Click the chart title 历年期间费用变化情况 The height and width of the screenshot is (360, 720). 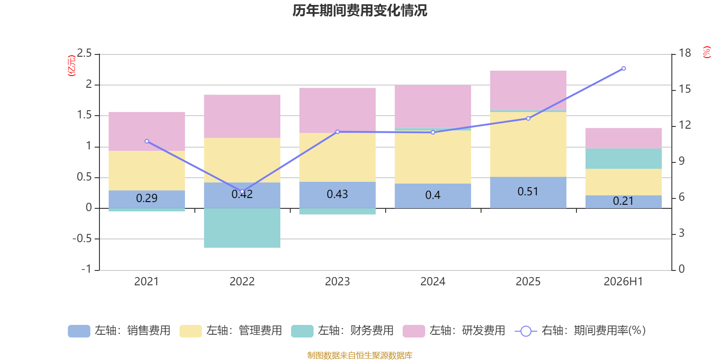360,11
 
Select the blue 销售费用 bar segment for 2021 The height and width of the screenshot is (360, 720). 147,199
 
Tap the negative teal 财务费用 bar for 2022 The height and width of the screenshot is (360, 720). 242,228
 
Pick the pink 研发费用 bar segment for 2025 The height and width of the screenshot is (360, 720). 528,90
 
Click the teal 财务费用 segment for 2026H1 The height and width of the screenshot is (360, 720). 624,158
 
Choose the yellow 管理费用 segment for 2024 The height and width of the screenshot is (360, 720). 433,157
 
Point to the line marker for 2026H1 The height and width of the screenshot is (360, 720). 624,68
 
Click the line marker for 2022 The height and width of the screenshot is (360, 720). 243,192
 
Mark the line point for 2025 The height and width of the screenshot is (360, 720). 528,119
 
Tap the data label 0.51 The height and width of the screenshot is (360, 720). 528,192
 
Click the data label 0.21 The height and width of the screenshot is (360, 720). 623,201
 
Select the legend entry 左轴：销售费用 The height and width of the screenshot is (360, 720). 119,331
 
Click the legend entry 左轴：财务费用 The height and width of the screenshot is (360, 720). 342,331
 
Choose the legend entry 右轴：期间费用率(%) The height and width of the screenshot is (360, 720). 580,331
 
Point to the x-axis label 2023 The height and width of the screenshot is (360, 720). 337,282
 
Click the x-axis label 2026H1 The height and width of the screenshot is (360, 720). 623,282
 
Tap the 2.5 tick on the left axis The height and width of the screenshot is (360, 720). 84,53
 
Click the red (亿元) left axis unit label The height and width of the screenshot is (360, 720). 72,66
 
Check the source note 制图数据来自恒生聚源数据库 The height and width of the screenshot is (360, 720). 360,355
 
